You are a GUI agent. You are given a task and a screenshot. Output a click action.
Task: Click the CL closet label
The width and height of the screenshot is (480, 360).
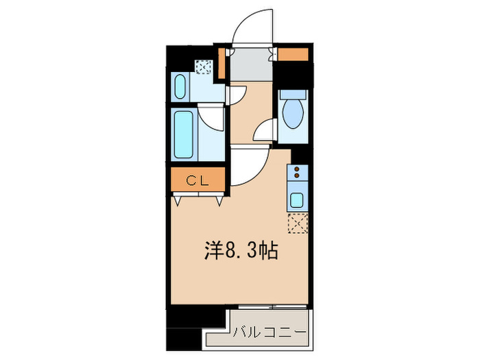tap(197, 181)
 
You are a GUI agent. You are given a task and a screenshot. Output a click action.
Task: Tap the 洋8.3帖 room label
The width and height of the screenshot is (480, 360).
tap(240, 252)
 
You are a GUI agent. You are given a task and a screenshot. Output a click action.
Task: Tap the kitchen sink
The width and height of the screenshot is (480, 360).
tap(298, 201)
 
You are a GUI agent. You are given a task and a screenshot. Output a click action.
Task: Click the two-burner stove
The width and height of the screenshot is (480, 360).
tap(298, 172)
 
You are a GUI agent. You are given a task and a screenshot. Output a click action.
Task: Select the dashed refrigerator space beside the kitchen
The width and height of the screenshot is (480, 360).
tap(298, 224)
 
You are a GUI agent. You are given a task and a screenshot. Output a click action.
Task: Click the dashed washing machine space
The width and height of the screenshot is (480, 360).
tap(204, 67)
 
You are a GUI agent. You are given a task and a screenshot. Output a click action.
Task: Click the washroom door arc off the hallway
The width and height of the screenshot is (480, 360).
tap(235, 95)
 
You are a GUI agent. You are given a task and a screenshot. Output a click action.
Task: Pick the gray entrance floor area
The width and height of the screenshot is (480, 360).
tap(250, 67)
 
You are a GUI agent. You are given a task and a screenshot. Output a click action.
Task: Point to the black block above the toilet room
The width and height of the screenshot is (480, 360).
tap(293, 75)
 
